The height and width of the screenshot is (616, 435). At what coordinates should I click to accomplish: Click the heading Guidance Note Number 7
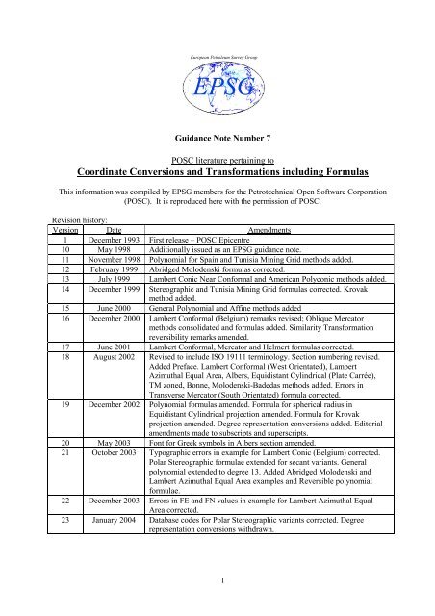pyautogui.click(x=217, y=141)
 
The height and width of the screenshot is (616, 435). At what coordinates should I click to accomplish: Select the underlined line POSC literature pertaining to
pyautogui.click(x=217, y=159)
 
